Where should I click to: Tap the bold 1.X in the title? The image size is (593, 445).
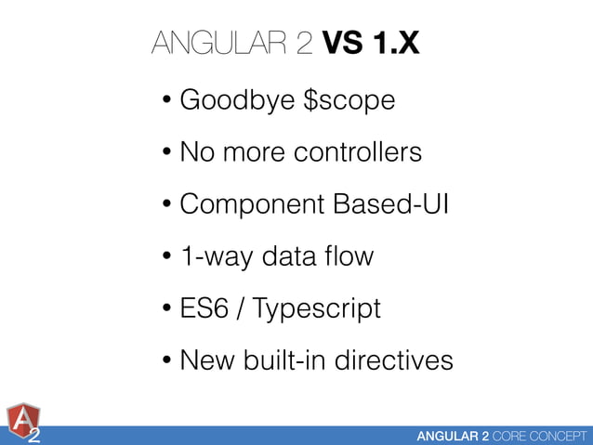click(x=397, y=43)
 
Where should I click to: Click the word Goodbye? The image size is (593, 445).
click(x=231, y=99)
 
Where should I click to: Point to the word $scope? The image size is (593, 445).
click(x=344, y=99)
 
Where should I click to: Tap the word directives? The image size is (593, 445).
click(x=396, y=360)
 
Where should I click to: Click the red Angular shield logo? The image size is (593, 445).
click(x=22, y=420)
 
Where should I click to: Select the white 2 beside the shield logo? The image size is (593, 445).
click(x=33, y=435)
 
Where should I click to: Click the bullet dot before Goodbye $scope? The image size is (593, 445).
click(x=165, y=100)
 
